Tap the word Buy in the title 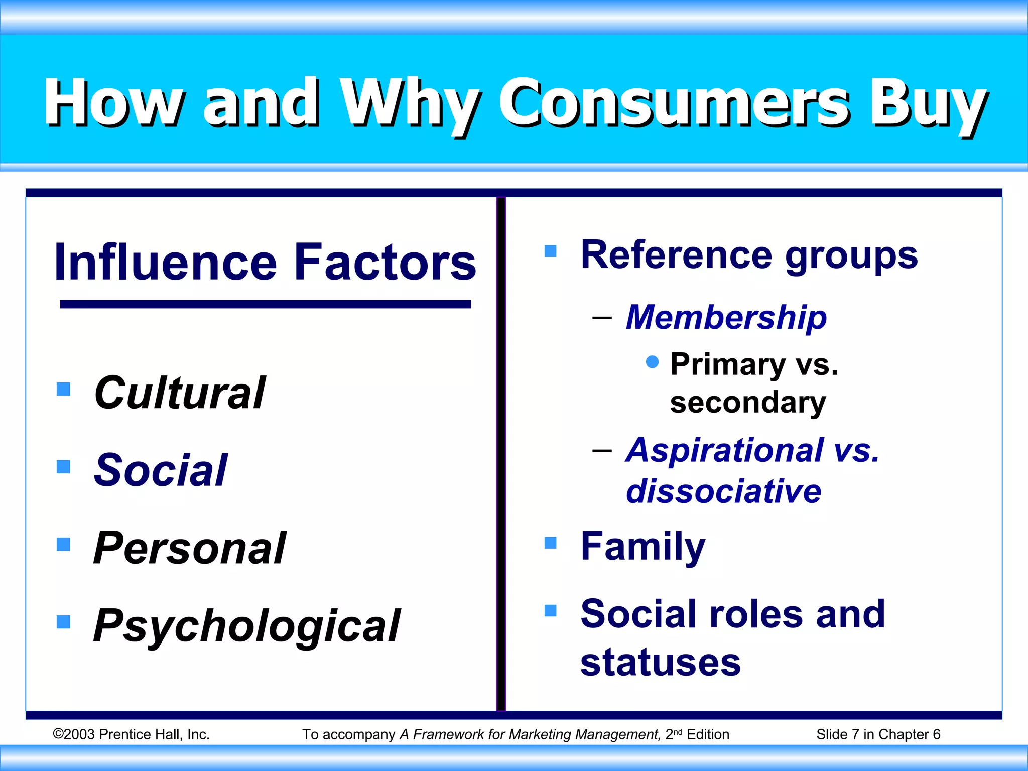(928, 104)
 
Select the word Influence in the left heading (166, 262)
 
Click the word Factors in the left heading (385, 262)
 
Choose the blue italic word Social (161, 470)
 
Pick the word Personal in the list (190, 548)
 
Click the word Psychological (247, 626)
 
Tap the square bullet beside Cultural (63, 389)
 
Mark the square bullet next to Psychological (63, 622)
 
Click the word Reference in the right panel (676, 255)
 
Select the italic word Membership (726, 317)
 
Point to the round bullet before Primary (652, 362)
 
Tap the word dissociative (723, 491)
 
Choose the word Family (643, 546)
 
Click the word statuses (661, 663)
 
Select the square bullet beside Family (551, 543)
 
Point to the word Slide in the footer (831, 734)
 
